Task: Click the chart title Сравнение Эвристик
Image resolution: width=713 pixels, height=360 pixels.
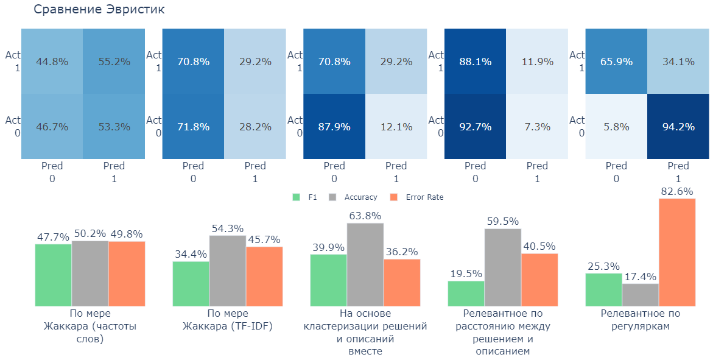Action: click(x=99, y=10)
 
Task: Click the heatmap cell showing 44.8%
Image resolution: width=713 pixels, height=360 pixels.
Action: click(x=52, y=62)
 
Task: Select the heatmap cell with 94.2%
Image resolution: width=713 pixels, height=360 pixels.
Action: click(x=678, y=127)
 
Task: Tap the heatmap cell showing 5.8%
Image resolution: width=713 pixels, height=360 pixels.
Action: click(x=616, y=127)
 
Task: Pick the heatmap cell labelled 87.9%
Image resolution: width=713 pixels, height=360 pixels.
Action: click(x=334, y=127)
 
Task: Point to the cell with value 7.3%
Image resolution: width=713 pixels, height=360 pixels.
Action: click(x=537, y=127)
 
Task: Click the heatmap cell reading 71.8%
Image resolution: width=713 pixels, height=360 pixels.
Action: click(x=193, y=127)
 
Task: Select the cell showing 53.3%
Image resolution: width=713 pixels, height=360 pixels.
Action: click(x=114, y=127)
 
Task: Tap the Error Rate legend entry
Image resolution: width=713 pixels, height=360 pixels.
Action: click(x=418, y=197)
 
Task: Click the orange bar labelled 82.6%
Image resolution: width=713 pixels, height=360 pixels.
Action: click(x=677, y=252)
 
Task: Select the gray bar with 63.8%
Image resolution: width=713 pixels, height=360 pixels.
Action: click(x=365, y=264)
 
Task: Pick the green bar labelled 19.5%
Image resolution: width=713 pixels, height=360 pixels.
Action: click(x=466, y=294)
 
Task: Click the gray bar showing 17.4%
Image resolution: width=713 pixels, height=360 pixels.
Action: click(x=641, y=295)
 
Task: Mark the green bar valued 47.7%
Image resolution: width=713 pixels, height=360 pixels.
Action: click(x=53, y=275)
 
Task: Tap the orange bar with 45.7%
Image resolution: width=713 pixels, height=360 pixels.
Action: click(x=264, y=276)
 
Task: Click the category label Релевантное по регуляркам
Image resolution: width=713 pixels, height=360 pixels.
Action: click(x=641, y=320)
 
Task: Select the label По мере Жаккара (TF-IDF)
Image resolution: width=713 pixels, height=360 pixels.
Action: click(x=228, y=320)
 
